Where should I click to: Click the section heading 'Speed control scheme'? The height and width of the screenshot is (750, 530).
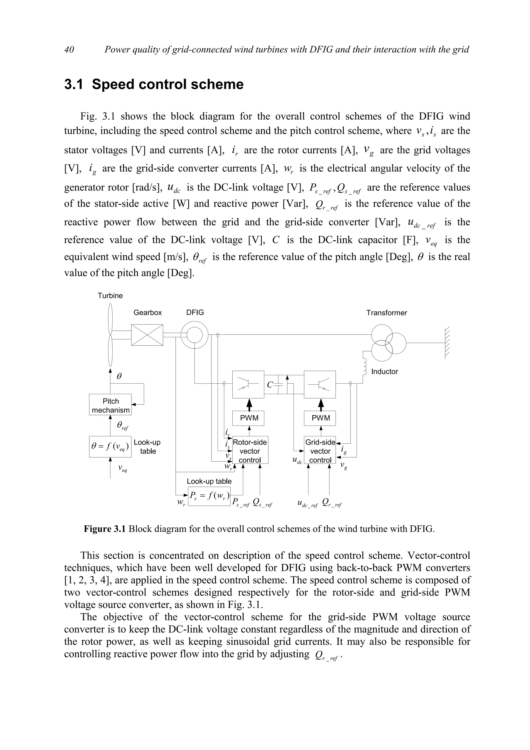pyautogui.click(x=167, y=84)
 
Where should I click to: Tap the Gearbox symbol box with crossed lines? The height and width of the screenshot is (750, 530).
pyautogui.click(x=147, y=335)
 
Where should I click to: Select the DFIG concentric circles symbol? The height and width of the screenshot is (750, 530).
pyautogui.click(x=195, y=335)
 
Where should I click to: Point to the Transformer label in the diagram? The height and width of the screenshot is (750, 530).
pyautogui.click(x=386, y=313)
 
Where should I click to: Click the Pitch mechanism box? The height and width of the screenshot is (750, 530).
pyautogui.click(x=111, y=405)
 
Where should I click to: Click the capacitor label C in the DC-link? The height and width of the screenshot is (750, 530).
pyautogui.click(x=270, y=385)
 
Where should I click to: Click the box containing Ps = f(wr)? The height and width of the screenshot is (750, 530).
pyautogui.click(x=209, y=496)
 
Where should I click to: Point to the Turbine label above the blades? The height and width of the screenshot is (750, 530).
pyautogui.click(x=111, y=296)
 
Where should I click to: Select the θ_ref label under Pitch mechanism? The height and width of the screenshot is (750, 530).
pyautogui.click(x=122, y=426)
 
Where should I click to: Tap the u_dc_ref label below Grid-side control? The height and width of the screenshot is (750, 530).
pyautogui.click(x=307, y=504)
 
